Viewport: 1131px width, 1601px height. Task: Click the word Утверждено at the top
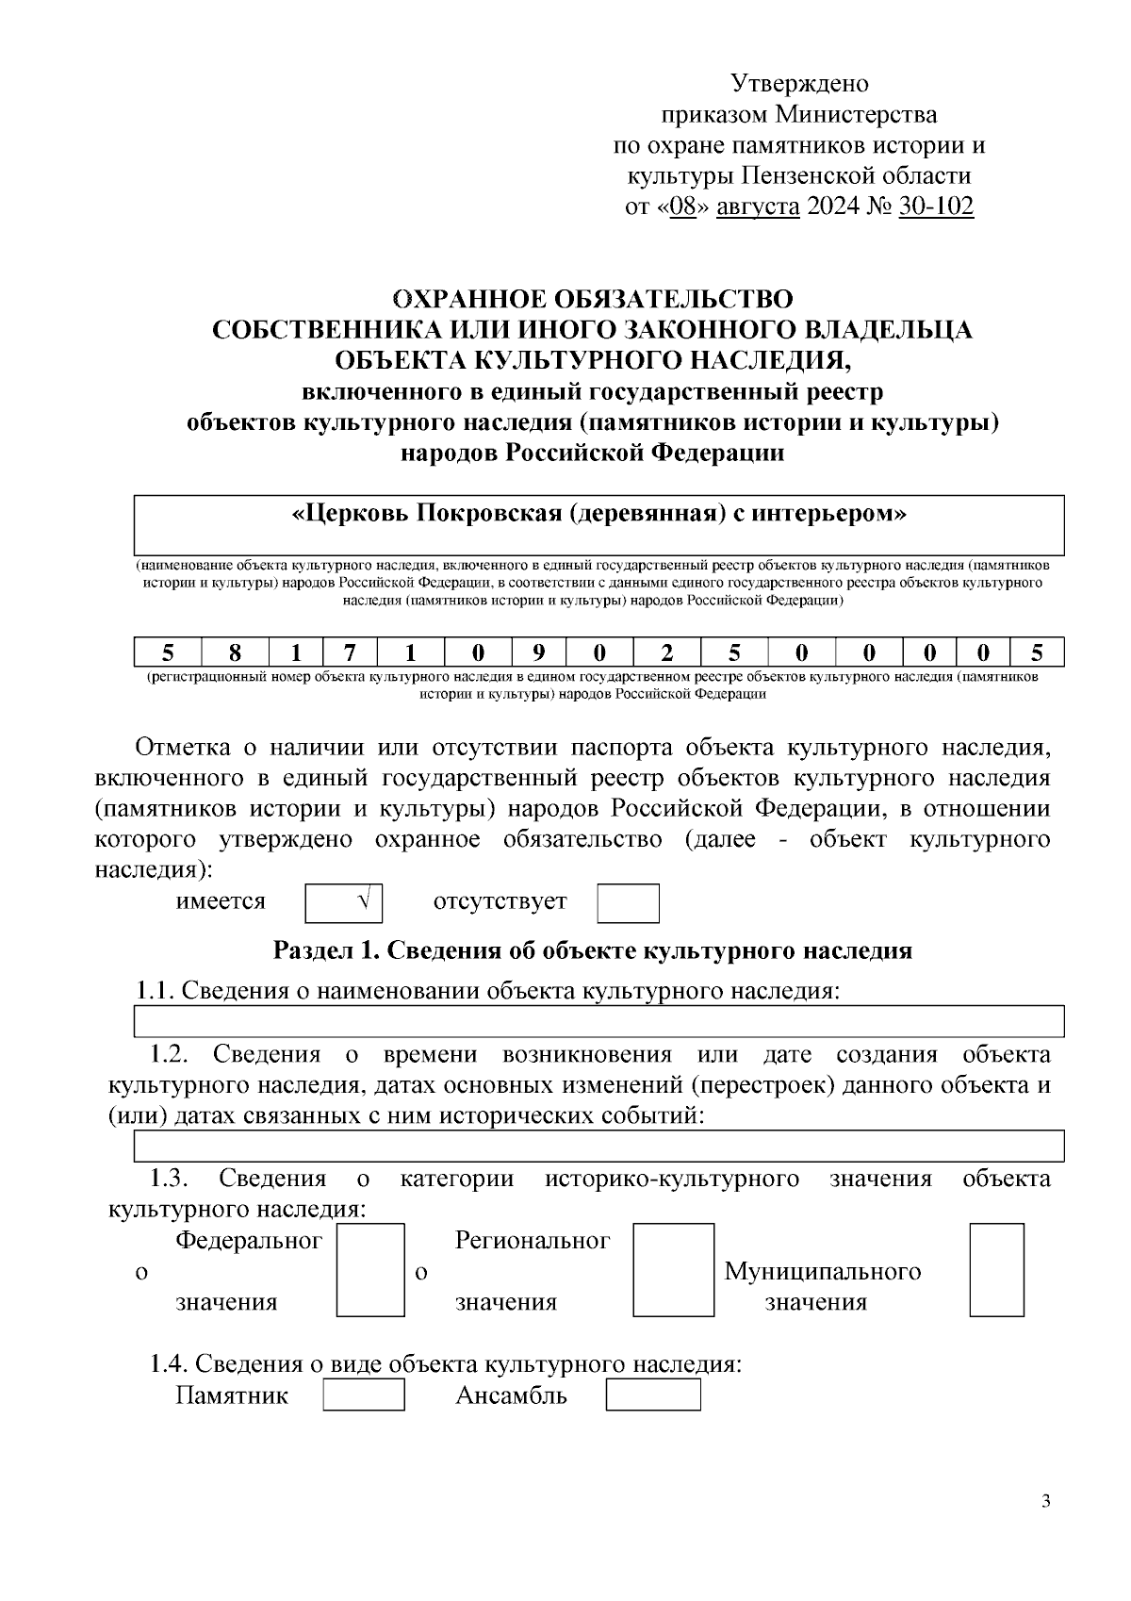800,84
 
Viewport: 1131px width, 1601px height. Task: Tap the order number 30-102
936,206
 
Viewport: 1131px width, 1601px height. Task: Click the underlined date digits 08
682,206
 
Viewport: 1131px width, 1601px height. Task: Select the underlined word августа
758,206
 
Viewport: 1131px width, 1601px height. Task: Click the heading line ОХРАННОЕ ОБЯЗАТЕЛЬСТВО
593,299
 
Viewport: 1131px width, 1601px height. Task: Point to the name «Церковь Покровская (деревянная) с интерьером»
599,514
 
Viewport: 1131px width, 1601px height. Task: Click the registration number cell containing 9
538,652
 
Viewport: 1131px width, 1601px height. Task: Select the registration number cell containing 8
235,652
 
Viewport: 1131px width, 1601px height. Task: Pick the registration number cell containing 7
349,652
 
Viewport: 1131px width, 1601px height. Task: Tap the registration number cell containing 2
666,652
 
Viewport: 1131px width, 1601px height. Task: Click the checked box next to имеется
344,902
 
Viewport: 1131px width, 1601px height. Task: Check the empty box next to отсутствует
628,902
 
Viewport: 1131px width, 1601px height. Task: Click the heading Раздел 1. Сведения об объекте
593,949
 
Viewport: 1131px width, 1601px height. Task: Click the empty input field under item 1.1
599,1020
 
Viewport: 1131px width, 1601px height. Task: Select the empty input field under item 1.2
599,1146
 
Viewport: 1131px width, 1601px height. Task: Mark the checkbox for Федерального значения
370,1269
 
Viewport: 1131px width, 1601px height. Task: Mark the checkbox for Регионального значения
673,1269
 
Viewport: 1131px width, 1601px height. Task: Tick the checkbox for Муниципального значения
996,1269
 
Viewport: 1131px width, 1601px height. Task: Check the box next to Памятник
364,1395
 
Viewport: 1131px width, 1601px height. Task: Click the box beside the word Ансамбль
652,1395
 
